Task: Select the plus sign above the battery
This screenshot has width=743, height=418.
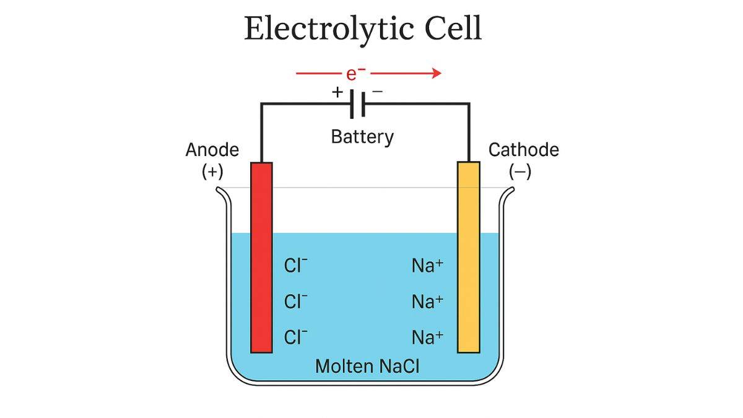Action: tap(337, 92)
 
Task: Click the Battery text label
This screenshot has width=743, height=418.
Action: tap(362, 136)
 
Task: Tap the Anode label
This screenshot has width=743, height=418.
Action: tap(212, 150)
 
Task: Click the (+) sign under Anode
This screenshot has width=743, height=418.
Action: tap(212, 172)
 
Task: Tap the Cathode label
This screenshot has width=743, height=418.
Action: tap(523, 150)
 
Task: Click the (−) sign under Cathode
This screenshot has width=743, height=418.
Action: tap(520, 172)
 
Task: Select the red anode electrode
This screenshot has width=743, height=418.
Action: tap(261, 257)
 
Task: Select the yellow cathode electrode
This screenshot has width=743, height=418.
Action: tap(469, 257)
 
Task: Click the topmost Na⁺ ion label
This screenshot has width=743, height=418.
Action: tap(427, 266)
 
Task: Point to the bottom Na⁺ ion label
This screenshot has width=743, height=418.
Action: tap(427, 337)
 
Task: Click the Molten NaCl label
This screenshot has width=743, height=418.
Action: tap(367, 366)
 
